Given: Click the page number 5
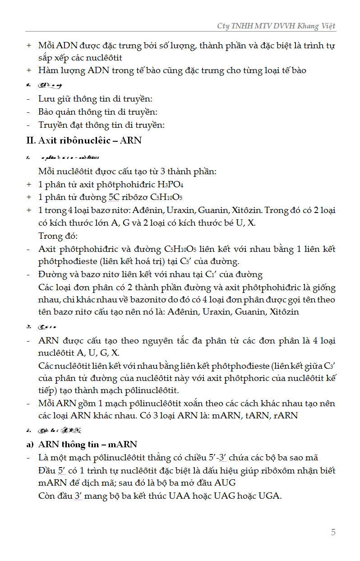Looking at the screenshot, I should (333, 532).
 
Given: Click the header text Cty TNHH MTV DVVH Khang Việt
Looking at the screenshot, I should (276, 26).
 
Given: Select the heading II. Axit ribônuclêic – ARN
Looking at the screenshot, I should (84, 140).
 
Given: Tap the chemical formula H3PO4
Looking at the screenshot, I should (170, 185).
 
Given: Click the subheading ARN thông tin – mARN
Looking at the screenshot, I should (88, 445).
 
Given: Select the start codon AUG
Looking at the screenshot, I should (225, 482).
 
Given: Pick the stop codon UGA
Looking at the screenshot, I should (270, 495).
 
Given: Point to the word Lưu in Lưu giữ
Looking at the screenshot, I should (46, 99).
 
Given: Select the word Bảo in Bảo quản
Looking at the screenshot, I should (47, 112).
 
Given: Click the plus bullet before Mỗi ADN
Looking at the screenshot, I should (29, 46).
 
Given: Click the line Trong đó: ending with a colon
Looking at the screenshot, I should (58, 236).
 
